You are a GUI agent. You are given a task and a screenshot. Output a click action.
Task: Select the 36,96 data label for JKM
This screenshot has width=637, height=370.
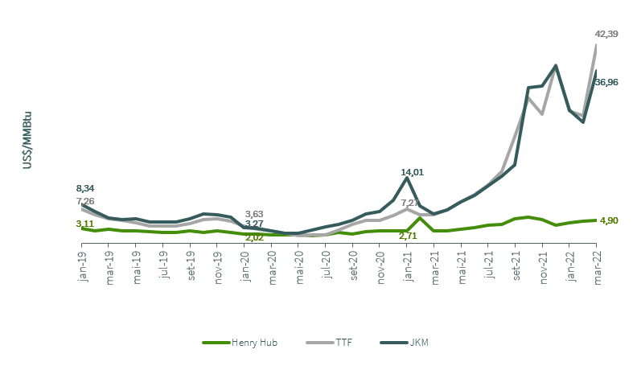(606, 82)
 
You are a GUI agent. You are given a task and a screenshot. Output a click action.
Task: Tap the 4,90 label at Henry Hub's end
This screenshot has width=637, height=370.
(609, 220)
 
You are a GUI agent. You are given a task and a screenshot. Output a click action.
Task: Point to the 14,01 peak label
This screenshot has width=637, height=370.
(413, 172)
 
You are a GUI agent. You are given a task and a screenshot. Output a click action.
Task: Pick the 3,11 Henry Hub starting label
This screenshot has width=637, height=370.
(85, 224)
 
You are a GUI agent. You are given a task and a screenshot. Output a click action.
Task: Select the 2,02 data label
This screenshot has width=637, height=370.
(254, 237)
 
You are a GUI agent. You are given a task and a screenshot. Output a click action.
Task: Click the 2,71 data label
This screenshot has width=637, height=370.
(408, 236)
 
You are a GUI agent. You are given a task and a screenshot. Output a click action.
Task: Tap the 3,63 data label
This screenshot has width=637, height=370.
(254, 213)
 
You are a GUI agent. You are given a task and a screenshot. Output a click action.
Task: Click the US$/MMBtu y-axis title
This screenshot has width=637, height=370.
(27, 141)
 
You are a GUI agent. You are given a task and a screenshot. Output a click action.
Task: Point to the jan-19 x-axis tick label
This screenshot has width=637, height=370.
(83, 265)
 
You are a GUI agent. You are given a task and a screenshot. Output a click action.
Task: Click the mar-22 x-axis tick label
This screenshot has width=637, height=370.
(596, 266)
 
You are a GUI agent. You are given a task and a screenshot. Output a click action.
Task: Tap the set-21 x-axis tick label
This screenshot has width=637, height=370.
(516, 266)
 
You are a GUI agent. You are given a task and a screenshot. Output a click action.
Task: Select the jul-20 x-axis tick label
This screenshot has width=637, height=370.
(326, 265)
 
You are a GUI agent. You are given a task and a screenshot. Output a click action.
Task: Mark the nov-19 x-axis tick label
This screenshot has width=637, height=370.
(218, 266)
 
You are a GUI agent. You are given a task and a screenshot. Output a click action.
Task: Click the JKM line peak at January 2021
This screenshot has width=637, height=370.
(407, 178)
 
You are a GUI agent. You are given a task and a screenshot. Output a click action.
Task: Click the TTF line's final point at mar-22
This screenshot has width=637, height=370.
(596, 45)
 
